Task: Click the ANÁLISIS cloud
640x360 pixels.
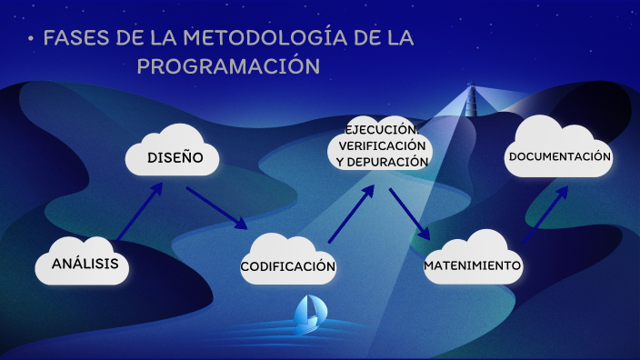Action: click(83, 263)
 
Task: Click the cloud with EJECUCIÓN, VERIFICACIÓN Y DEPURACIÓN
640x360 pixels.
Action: click(381, 145)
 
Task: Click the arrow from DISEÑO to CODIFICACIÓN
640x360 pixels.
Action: click(216, 208)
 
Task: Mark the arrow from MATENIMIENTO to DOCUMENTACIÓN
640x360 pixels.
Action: click(545, 215)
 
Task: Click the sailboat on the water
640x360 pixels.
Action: click(307, 313)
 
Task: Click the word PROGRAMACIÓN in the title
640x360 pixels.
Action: click(228, 66)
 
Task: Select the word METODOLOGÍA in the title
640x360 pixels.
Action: click(265, 38)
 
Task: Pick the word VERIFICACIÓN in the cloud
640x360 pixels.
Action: click(382, 145)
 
